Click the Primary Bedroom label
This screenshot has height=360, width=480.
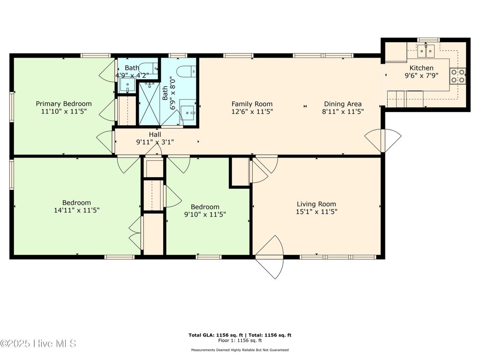point(64,104)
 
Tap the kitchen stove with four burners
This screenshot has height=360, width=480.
point(457,76)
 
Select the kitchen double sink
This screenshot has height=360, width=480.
point(427,49)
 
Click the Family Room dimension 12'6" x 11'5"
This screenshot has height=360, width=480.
point(252,112)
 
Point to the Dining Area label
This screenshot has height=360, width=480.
point(342,104)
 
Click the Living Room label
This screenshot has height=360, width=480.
point(316,204)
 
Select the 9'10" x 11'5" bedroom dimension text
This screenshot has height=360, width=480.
point(205,215)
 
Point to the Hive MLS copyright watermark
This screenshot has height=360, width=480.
point(38,344)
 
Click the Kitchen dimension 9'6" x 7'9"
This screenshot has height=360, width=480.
point(421,75)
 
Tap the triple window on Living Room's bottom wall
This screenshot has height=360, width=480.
point(338,257)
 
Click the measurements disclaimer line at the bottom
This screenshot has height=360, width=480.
point(240,350)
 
